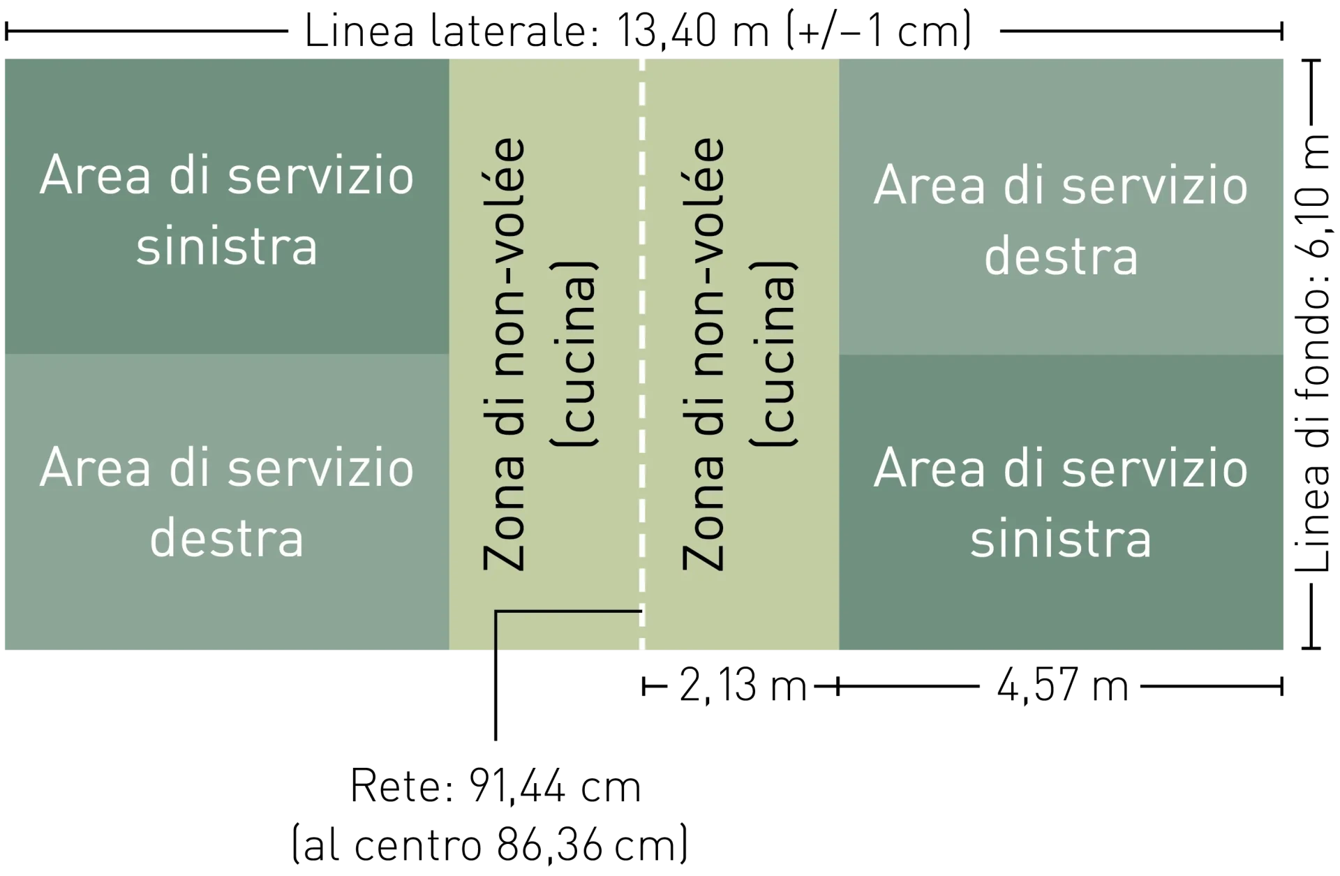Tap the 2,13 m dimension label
tap(743, 685)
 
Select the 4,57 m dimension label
tap(1062, 685)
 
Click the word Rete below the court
tap(401, 787)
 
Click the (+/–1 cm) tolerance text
tap(879, 31)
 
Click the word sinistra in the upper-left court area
tap(227, 247)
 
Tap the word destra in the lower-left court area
tap(227, 538)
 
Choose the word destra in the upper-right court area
tap(1061, 257)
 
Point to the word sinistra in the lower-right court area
tap(1061, 540)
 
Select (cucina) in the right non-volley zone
tap(774, 354)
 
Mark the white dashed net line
tap(642, 354)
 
